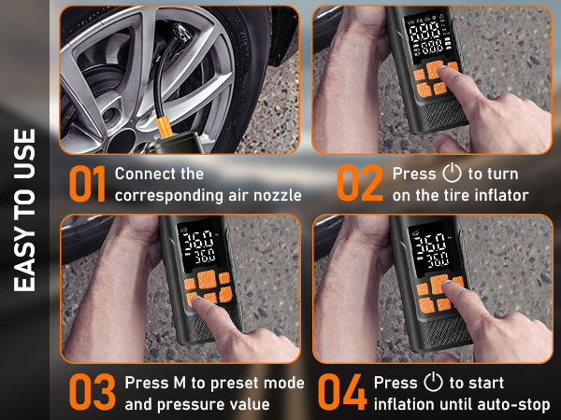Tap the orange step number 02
click(360, 184)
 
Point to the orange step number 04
click(342, 393)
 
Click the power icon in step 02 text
click(453, 175)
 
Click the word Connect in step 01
click(143, 175)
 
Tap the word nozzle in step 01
click(275, 195)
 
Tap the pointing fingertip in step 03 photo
click(194, 298)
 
